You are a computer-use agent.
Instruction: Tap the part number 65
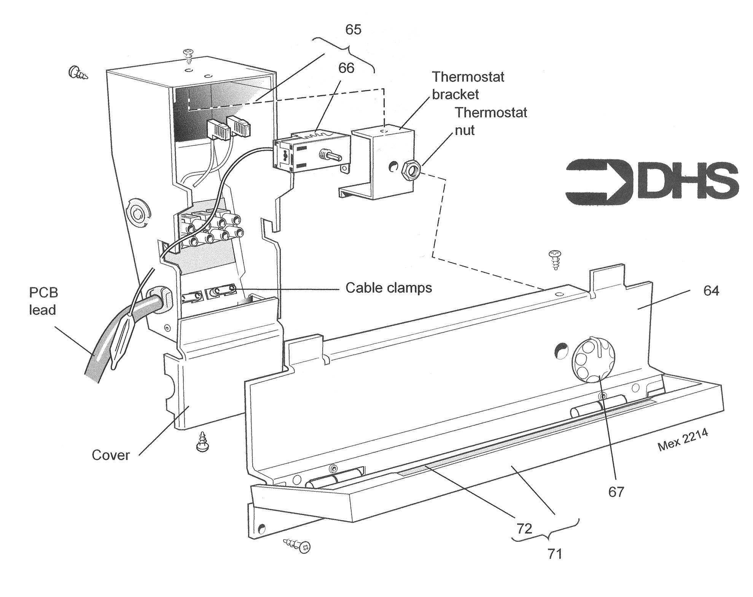pos(353,30)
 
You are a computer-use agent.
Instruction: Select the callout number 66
pos(346,68)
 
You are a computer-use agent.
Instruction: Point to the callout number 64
pos(711,291)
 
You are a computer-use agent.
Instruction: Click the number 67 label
pos(616,492)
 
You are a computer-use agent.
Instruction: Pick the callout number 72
pos(524,528)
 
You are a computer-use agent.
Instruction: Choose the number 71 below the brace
pos(554,554)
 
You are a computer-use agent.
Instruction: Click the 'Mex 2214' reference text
pos(683,441)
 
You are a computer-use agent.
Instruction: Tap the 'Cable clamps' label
pos(388,288)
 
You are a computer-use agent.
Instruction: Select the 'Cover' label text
pos(111,455)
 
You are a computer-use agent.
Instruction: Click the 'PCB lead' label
pos(43,301)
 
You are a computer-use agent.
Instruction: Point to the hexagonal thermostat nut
pos(410,168)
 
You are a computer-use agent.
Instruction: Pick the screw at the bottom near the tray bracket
pos(298,545)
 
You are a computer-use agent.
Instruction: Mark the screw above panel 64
pos(554,259)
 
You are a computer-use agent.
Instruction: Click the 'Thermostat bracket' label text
pos(467,86)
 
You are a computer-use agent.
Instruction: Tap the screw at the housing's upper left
pos(78,72)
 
